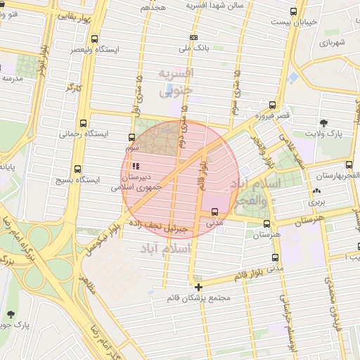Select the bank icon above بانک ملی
(194, 37)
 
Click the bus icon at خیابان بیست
(294, 11)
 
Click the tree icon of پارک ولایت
(324, 122)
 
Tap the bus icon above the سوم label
(132, 138)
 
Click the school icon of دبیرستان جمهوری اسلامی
(136, 166)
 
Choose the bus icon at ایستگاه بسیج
(77, 169)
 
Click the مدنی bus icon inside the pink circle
(214, 211)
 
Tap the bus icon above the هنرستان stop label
(266, 224)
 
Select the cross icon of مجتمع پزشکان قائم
(199, 287)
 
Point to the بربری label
(314, 202)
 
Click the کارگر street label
(74, 89)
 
